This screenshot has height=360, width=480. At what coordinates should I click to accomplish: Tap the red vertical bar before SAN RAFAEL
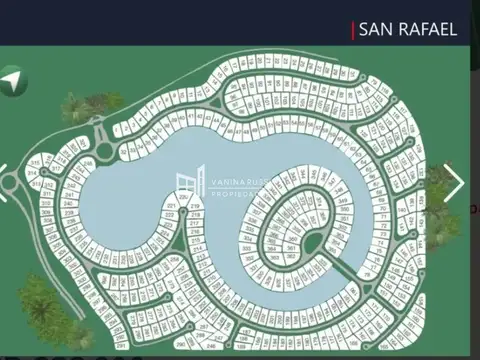coord(353,30)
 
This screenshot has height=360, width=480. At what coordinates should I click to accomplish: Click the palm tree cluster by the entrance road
coord(90,105)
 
